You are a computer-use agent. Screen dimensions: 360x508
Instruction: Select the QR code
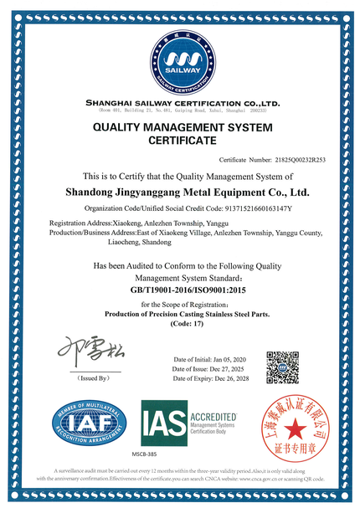283,367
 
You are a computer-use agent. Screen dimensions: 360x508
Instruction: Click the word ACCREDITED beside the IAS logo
215,415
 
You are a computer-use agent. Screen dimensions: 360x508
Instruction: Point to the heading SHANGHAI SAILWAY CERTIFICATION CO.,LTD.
180,102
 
